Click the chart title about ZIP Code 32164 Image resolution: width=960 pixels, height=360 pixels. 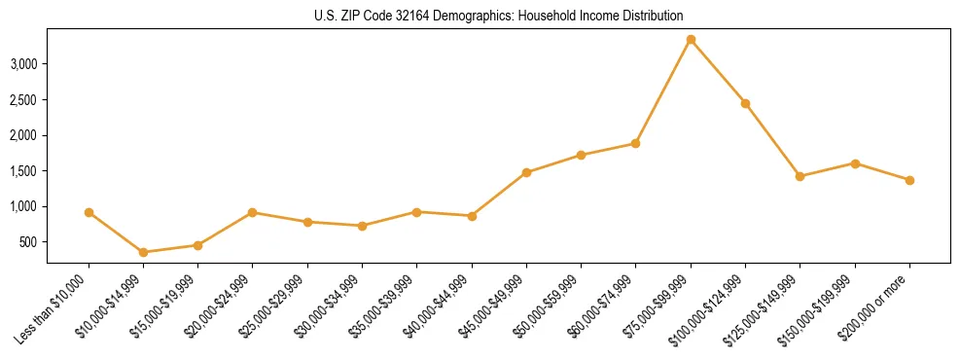pyautogui.click(x=499, y=16)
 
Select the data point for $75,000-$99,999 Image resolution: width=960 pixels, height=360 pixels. pyautogui.click(x=691, y=40)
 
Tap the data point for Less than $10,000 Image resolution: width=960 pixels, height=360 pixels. pyautogui.click(x=89, y=212)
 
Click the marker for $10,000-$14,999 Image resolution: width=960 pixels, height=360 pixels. pyautogui.click(x=144, y=252)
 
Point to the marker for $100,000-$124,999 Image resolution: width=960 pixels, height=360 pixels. pyautogui.click(x=745, y=103)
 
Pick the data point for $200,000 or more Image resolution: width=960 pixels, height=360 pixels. pyautogui.click(x=909, y=180)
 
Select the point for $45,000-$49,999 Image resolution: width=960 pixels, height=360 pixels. pyautogui.click(x=526, y=172)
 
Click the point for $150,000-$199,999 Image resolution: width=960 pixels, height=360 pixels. pyautogui.click(x=855, y=163)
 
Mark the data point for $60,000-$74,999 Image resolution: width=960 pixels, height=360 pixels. pyautogui.click(x=635, y=143)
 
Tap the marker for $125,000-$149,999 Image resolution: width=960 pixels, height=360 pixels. pyautogui.click(x=800, y=176)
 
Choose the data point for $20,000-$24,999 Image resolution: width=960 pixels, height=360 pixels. pyautogui.click(x=253, y=212)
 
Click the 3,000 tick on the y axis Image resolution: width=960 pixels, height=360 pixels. pyautogui.click(x=23, y=64)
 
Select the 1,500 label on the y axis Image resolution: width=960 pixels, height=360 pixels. pyautogui.click(x=23, y=171)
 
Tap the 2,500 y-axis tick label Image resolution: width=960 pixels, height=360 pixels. pyautogui.click(x=23, y=100)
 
